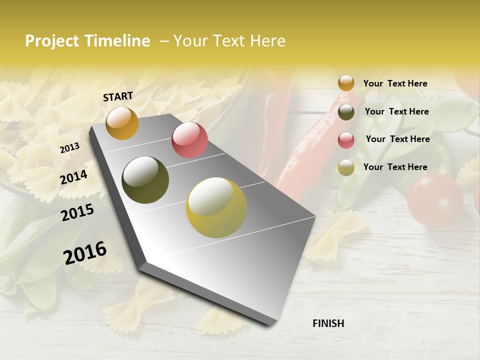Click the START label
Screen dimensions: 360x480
coord(118,96)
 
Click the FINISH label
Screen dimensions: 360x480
coord(328,323)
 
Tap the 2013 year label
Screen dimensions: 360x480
coord(69,147)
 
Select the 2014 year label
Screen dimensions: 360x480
coord(73,177)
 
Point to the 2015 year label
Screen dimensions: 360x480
coord(77,212)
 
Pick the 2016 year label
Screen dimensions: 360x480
coord(85,252)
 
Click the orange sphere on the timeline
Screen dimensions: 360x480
coord(122,123)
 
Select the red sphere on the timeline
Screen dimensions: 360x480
coord(189,140)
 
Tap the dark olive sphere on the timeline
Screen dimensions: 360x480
coord(145,180)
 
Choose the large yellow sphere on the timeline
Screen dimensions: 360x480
coord(216,207)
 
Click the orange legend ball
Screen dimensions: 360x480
coord(346,83)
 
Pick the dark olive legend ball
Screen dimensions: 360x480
coord(346,112)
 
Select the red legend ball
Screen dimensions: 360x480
coord(346,140)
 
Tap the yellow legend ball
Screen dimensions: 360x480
coord(346,167)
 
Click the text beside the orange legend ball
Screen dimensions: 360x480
coord(395,83)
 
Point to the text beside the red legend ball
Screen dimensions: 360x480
coord(397,139)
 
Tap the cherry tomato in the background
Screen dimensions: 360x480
coord(434,200)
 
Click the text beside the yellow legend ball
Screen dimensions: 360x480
coord(395,167)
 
